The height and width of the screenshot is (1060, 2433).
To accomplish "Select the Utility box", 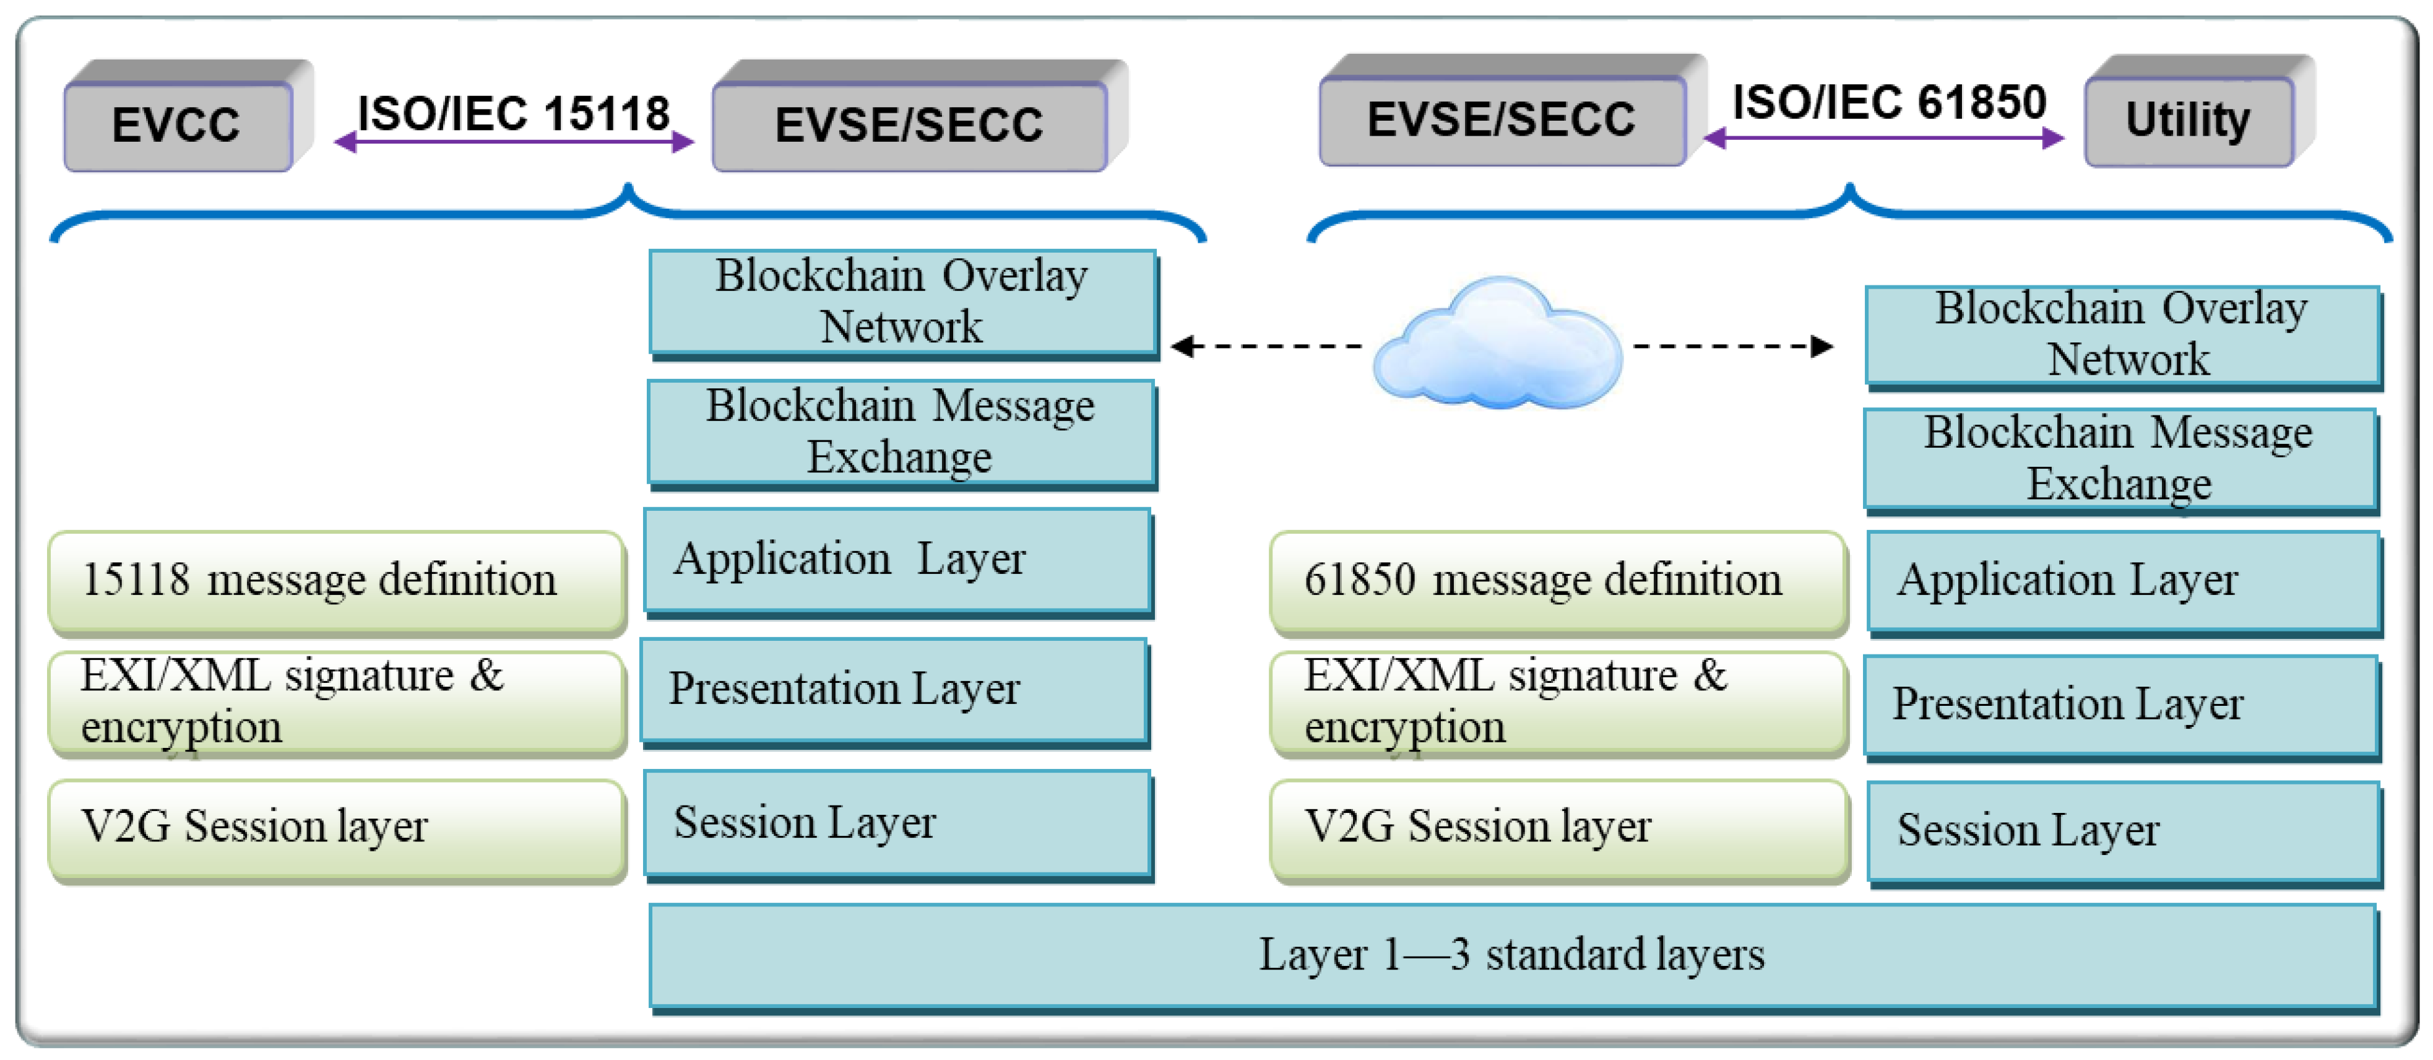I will (x=2187, y=121).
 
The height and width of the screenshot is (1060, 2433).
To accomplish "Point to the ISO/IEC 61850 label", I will (x=1889, y=102).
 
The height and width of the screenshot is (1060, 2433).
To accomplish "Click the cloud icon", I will (x=1498, y=345).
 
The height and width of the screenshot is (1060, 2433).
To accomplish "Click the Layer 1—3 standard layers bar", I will (x=1511, y=954).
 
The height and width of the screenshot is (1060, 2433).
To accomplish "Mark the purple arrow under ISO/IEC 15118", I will (x=514, y=142).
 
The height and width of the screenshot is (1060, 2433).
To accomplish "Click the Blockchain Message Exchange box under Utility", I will (x=2119, y=458).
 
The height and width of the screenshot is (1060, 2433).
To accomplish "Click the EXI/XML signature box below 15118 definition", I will (x=336, y=702).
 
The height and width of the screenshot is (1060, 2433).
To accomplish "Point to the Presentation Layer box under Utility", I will (x=2119, y=705).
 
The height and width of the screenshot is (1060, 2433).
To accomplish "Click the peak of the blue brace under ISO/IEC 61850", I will (x=1849, y=189).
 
